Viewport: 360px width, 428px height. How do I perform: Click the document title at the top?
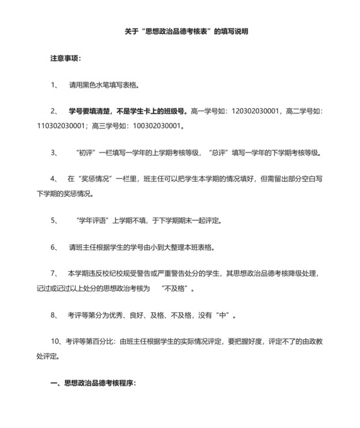click(186, 30)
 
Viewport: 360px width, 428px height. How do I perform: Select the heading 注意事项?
click(66, 58)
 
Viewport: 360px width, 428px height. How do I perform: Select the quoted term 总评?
click(219, 153)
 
